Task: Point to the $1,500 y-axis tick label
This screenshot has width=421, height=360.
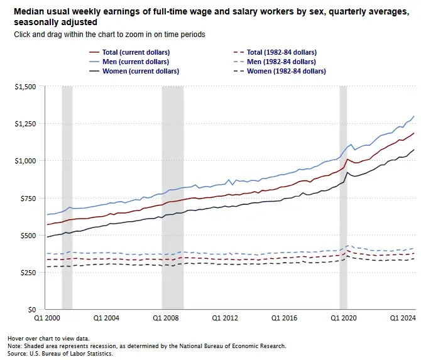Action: (x=26, y=86)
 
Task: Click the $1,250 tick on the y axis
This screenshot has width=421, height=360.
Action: (x=26, y=123)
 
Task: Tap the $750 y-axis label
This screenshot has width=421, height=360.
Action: (x=28, y=198)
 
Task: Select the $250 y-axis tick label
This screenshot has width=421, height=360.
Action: (x=28, y=272)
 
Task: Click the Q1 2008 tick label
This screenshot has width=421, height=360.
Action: (x=167, y=319)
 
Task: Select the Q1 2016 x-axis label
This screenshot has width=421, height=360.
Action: (x=287, y=319)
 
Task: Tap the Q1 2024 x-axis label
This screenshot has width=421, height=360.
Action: (x=403, y=319)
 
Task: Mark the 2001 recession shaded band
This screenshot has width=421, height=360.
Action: (x=67, y=188)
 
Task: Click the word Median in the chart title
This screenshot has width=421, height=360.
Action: (x=26, y=11)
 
